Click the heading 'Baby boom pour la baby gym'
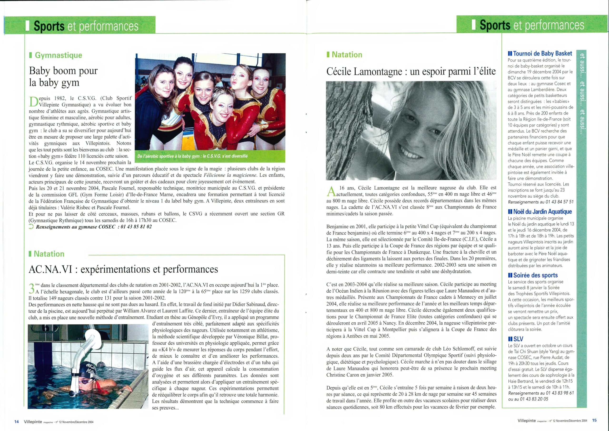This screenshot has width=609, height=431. click(63, 77)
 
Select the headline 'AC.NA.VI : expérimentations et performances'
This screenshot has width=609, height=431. click(123, 269)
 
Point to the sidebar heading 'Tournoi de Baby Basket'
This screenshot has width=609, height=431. click(540, 53)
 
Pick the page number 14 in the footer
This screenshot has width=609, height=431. click(16, 421)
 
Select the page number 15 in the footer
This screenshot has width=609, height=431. click(594, 420)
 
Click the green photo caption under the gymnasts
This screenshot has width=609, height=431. click(192, 156)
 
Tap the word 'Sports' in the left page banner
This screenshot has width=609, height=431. click(49, 26)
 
